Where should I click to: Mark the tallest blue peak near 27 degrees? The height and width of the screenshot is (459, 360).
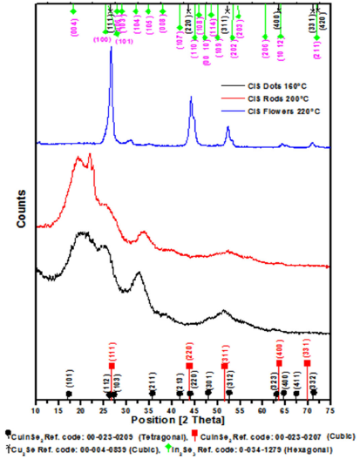[x=111, y=51]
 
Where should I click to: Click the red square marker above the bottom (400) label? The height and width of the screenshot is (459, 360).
[x=279, y=365]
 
